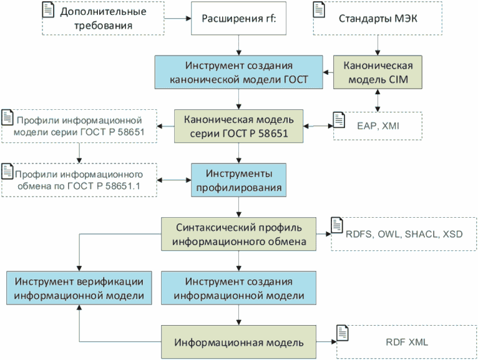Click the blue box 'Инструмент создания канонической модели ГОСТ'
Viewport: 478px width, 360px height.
point(239,74)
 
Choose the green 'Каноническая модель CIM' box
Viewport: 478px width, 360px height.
point(376,74)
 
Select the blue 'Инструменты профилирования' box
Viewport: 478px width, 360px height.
point(239,179)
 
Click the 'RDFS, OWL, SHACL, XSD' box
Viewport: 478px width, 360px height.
point(402,234)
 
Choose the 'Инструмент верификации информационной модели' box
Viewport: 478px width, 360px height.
point(79,288)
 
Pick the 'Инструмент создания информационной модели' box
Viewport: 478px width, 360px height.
point(239,288)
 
